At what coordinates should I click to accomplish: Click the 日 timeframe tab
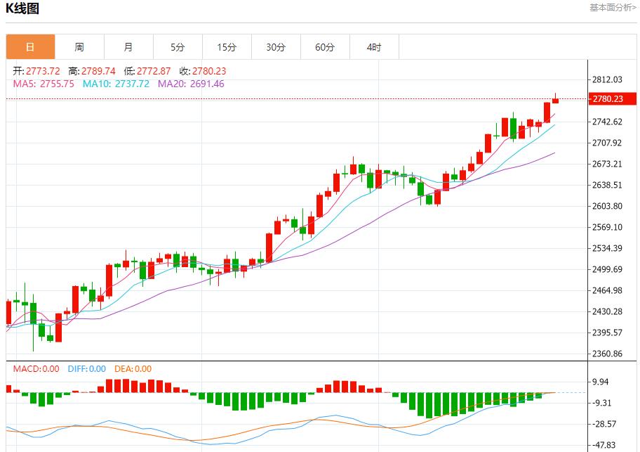click(30, 47)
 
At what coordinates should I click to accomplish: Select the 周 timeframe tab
click(79, 47)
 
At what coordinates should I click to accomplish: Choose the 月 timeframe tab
click(128, 47)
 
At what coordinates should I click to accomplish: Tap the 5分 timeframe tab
click(178, 47)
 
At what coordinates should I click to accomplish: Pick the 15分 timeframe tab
click(227, 47)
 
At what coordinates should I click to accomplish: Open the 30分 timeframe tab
click(276, 47)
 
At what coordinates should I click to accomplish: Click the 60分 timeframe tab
click(325, 47)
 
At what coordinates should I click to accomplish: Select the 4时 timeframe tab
click(374, 47)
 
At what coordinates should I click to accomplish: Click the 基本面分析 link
click(613, 8)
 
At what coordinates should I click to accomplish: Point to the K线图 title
click(22, 9)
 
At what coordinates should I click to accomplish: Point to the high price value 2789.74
click(98, 71)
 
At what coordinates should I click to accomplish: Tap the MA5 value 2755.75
click(58, 84)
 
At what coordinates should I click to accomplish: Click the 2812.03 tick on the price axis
click(608, 79)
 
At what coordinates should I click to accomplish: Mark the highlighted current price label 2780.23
click(608, 99)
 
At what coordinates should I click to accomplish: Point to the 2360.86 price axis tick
click(608, 354)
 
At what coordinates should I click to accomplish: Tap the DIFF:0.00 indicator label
click(87, 368)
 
